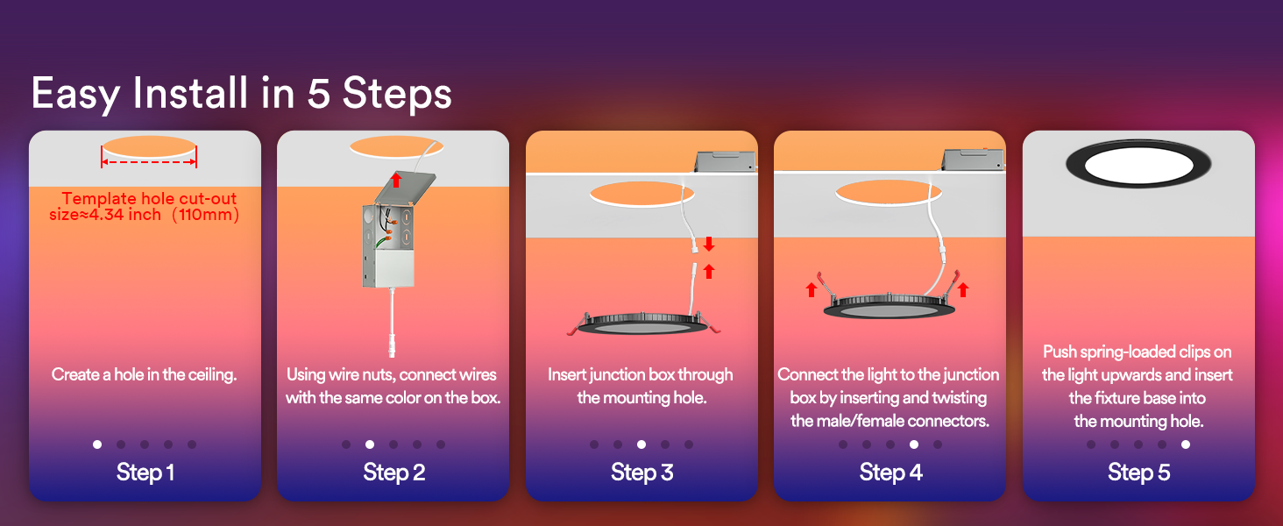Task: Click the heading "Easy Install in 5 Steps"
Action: (x=241, y=93)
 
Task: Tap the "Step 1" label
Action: (x=145, y=473)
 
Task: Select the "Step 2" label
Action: (x=393, y=473)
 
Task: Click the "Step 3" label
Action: (x=641, y=473)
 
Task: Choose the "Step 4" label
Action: (x=890, y=473)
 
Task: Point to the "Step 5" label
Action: (x=1138, y=473)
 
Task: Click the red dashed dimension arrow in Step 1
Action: (x=149, y=162)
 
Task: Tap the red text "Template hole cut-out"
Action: (x=149, y=199)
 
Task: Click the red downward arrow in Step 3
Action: (x=709, y=243)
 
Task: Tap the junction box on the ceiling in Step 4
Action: (x=971, y=158)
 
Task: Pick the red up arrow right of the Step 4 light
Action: (x=963, y=288)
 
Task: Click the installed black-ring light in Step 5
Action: (x=1138, y=163)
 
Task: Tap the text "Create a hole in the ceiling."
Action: (x=145, y=374)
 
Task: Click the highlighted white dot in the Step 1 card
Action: (x=97, y=444)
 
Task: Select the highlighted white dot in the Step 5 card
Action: (x=1186, y=444)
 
